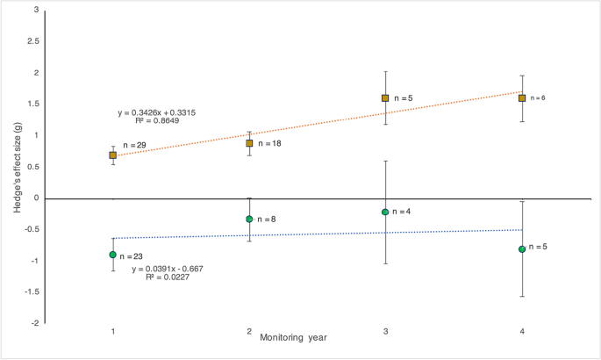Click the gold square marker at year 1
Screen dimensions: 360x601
tap(113, 155)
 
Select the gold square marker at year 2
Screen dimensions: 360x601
tap(249, 143)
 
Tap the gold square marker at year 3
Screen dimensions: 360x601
tap(385, 98)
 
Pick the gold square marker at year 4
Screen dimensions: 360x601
tap(522, 98)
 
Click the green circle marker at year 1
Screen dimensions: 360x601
tap(113, 255)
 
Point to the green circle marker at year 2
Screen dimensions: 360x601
tap(249, 220)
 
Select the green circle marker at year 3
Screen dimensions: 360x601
tap(385, 212)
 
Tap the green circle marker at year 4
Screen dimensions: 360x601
tap(522, 249)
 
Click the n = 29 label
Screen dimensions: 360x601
tap(135, 144)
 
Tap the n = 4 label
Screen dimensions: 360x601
tap(402, 212)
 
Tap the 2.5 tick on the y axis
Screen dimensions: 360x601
tap(33, 41)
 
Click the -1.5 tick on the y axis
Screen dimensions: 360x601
tap(32, 292)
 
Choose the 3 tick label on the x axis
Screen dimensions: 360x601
tap(385, 332)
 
